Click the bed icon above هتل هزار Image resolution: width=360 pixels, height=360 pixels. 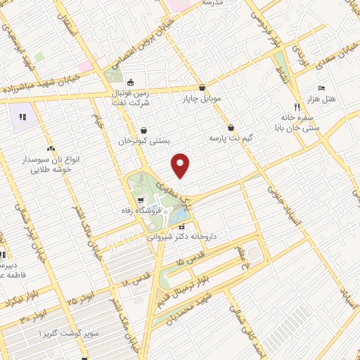point(321,88)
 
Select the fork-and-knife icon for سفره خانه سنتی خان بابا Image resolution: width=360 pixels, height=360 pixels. point(297,107)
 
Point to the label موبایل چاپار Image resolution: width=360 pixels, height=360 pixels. point(202,99)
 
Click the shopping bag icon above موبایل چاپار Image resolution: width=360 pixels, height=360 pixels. point(202,88)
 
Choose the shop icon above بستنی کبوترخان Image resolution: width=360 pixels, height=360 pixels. point(144,130)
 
